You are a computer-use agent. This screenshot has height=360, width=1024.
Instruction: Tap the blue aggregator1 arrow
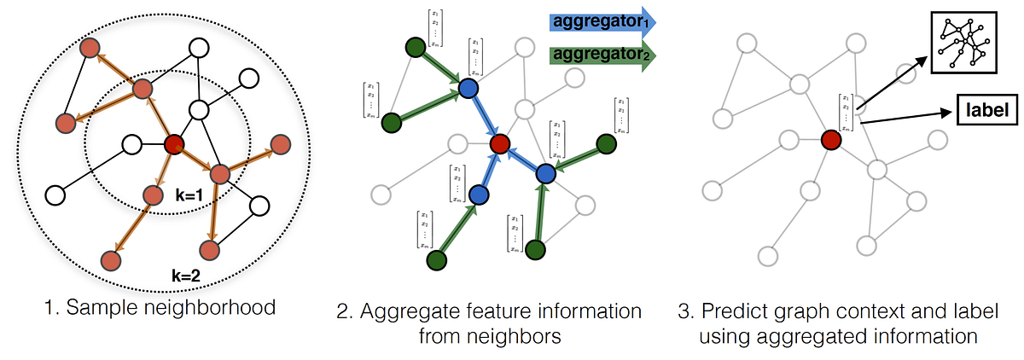(x=601, y=21)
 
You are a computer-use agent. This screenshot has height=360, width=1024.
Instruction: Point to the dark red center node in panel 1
(x=174, y=144)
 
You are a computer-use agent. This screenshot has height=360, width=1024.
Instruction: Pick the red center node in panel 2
(x=499, y=143)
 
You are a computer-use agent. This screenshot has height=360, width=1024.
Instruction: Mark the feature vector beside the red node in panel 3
(x=845, y=112)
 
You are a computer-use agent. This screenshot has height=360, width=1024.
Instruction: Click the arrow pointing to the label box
(x=904, y=119)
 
